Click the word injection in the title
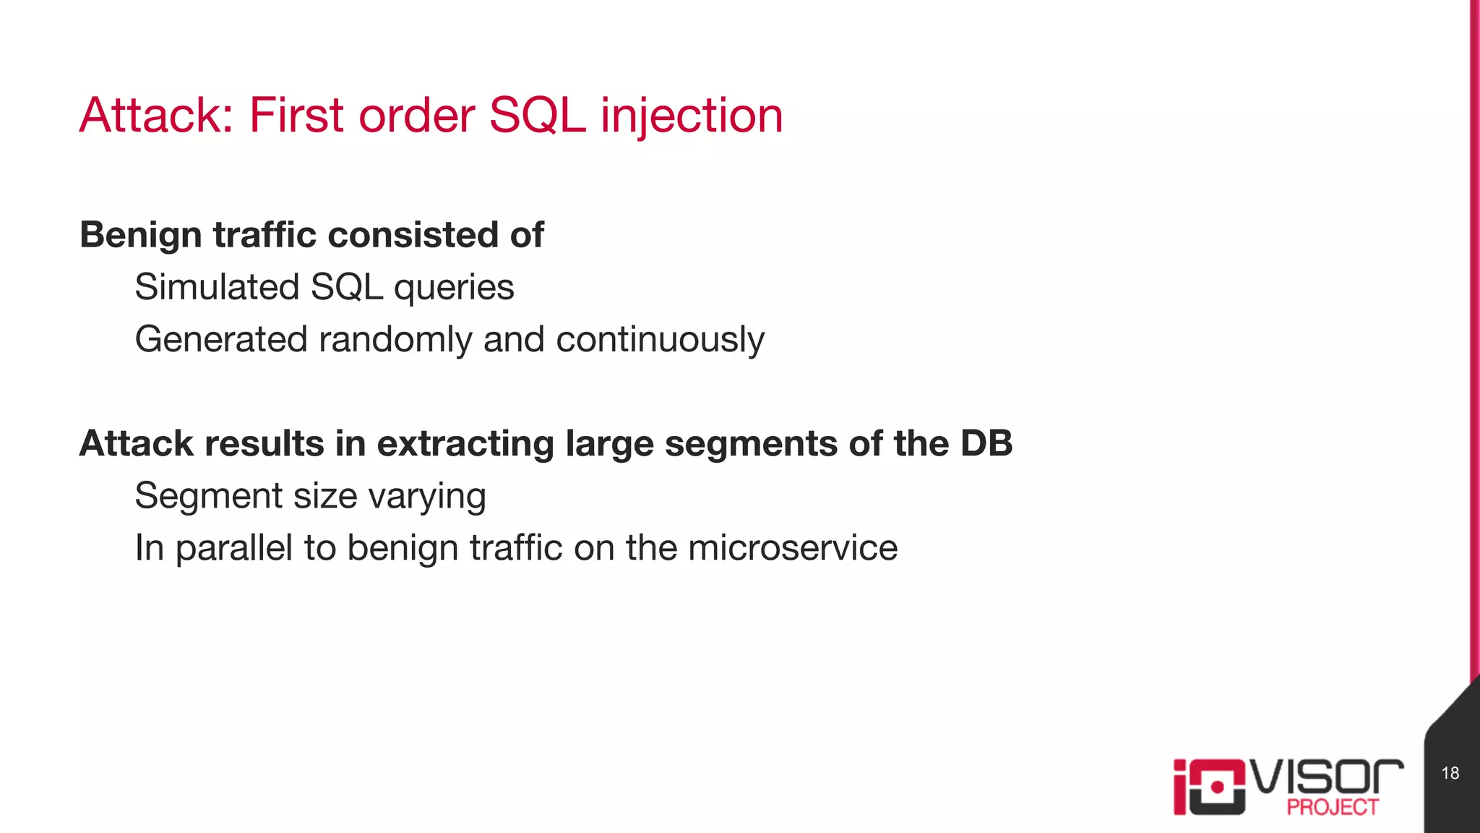point(692,116)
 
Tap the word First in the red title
point(296,116)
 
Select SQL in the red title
point(537,116)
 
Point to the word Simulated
point(217,287)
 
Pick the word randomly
point(395,340)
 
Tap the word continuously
point(660,340)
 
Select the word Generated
point(221,340)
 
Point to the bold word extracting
point(465,443)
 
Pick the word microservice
point(793,547)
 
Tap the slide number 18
point(1450,773)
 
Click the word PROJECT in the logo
point(1333,807)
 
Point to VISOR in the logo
point(1327,777)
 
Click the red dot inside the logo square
point(1217,787)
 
